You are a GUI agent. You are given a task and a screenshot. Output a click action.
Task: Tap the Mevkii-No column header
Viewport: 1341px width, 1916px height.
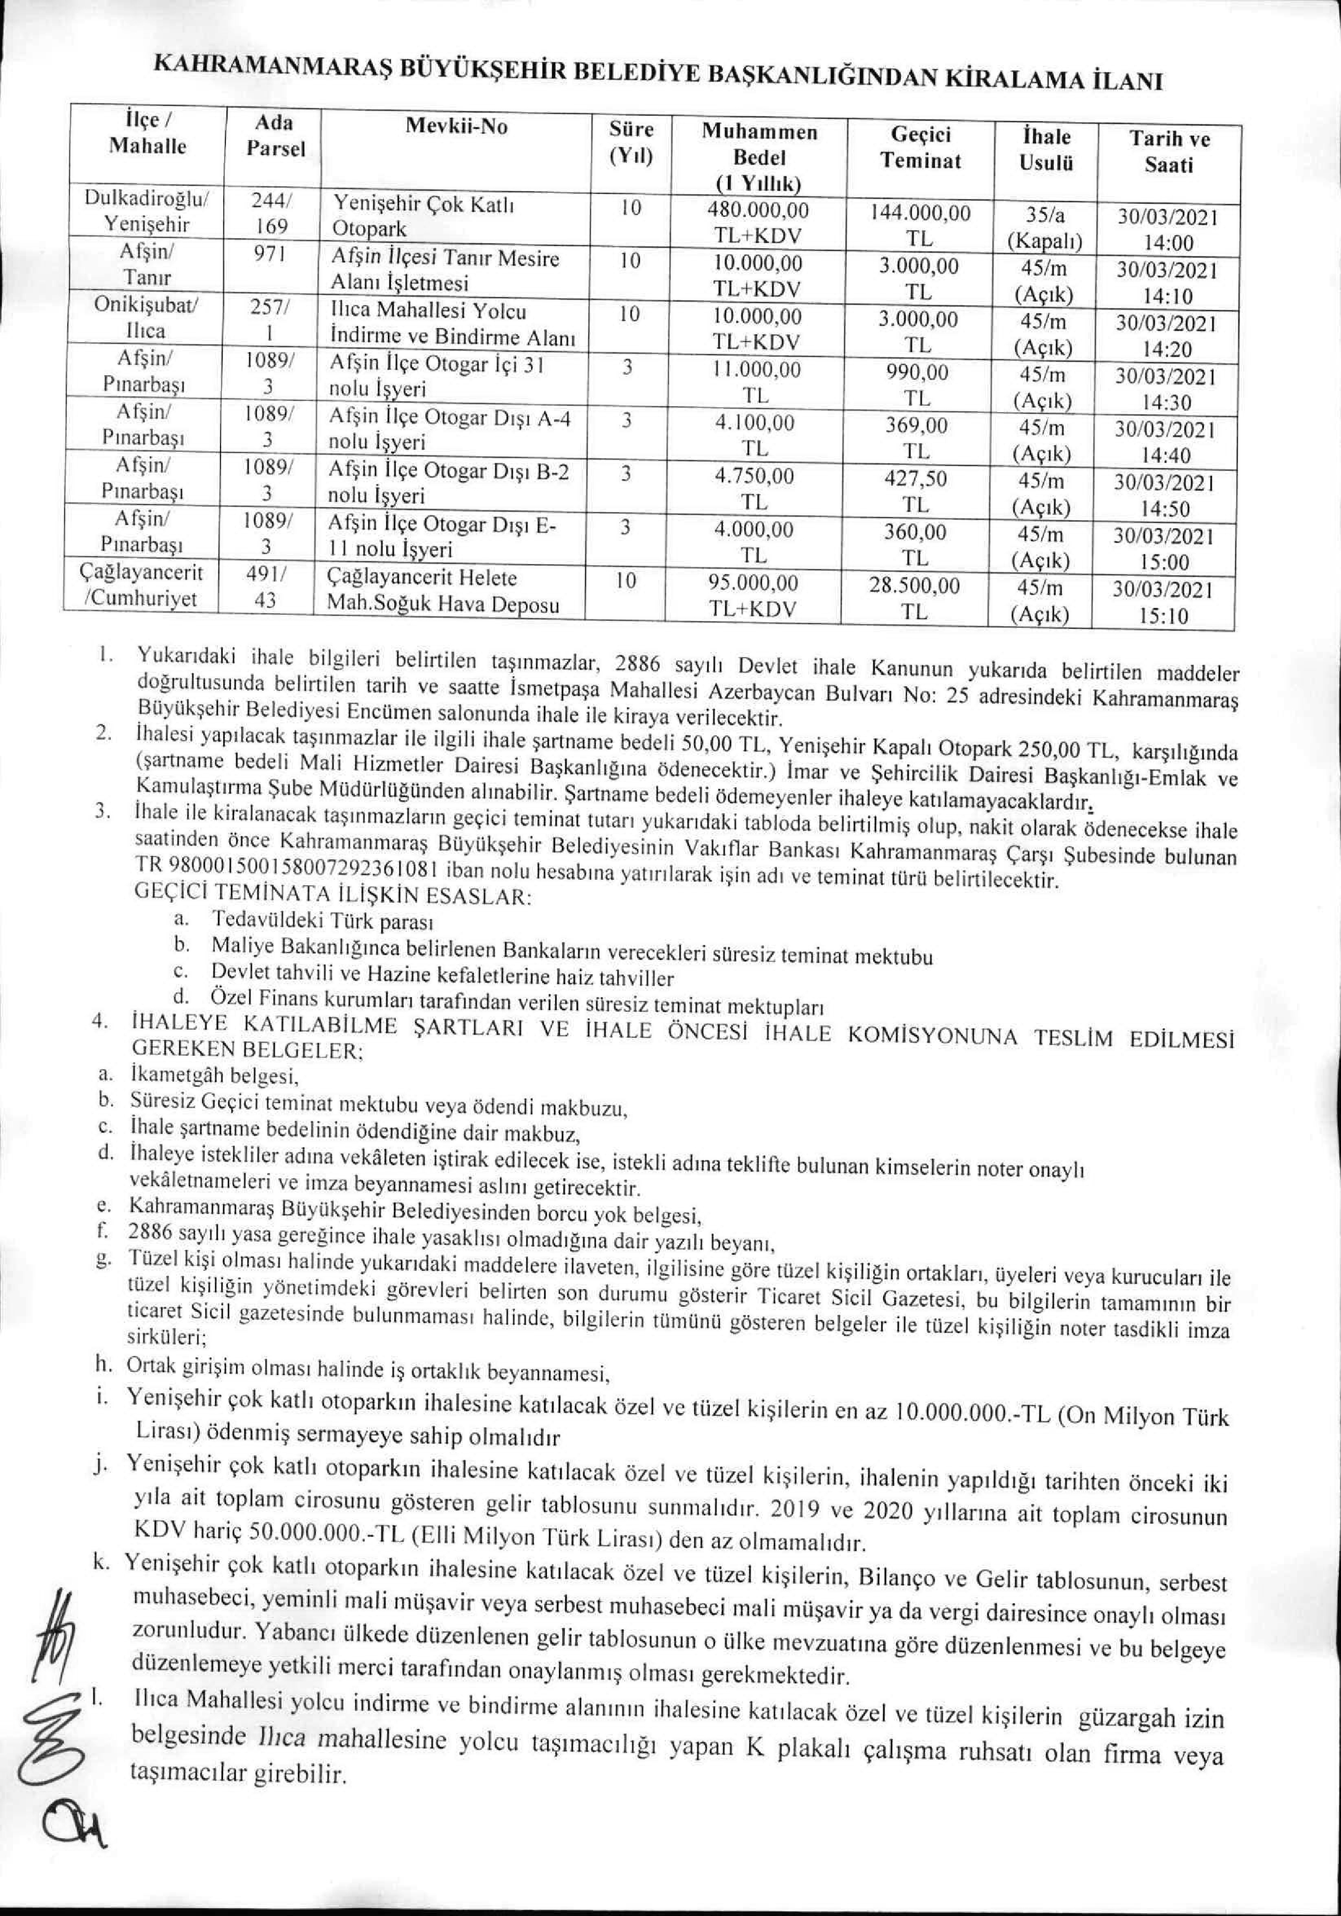point(456,127)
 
